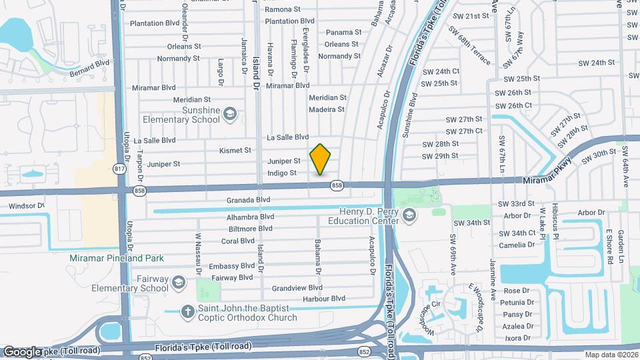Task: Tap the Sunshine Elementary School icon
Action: click(x=230, y=114)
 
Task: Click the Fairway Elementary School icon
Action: click(x=178, y=283)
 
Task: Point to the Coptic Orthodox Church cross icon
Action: click(x=189, y=311)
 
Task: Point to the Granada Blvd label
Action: click(x=248, y=199)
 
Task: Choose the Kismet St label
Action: click(x=235, y=151)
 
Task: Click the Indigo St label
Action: click(x=281, y=173)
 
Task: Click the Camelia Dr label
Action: click(x=521, y=245)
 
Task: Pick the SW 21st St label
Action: click(x=470, y=16)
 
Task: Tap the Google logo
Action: click(x=22, y=352)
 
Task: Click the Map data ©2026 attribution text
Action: click(x=611, y=355)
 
